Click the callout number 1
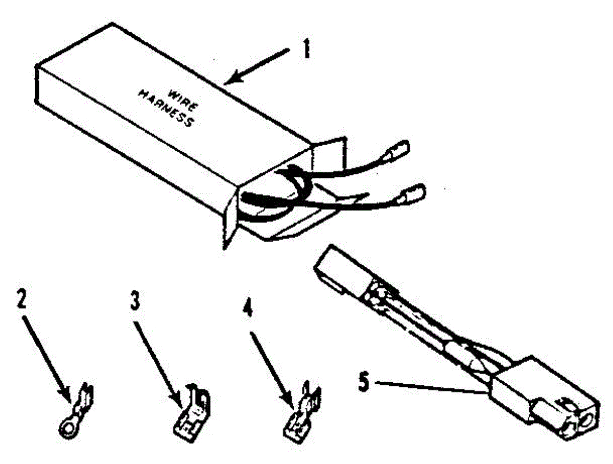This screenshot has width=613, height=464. [306, 50]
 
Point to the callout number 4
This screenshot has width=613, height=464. [247, 308]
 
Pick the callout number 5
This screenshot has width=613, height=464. [363, 382]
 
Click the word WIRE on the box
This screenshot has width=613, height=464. [183, 101]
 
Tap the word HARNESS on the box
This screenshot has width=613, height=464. [166, 109]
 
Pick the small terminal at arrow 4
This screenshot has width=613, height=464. [301, 413]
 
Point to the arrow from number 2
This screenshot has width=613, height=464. [46, 360]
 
